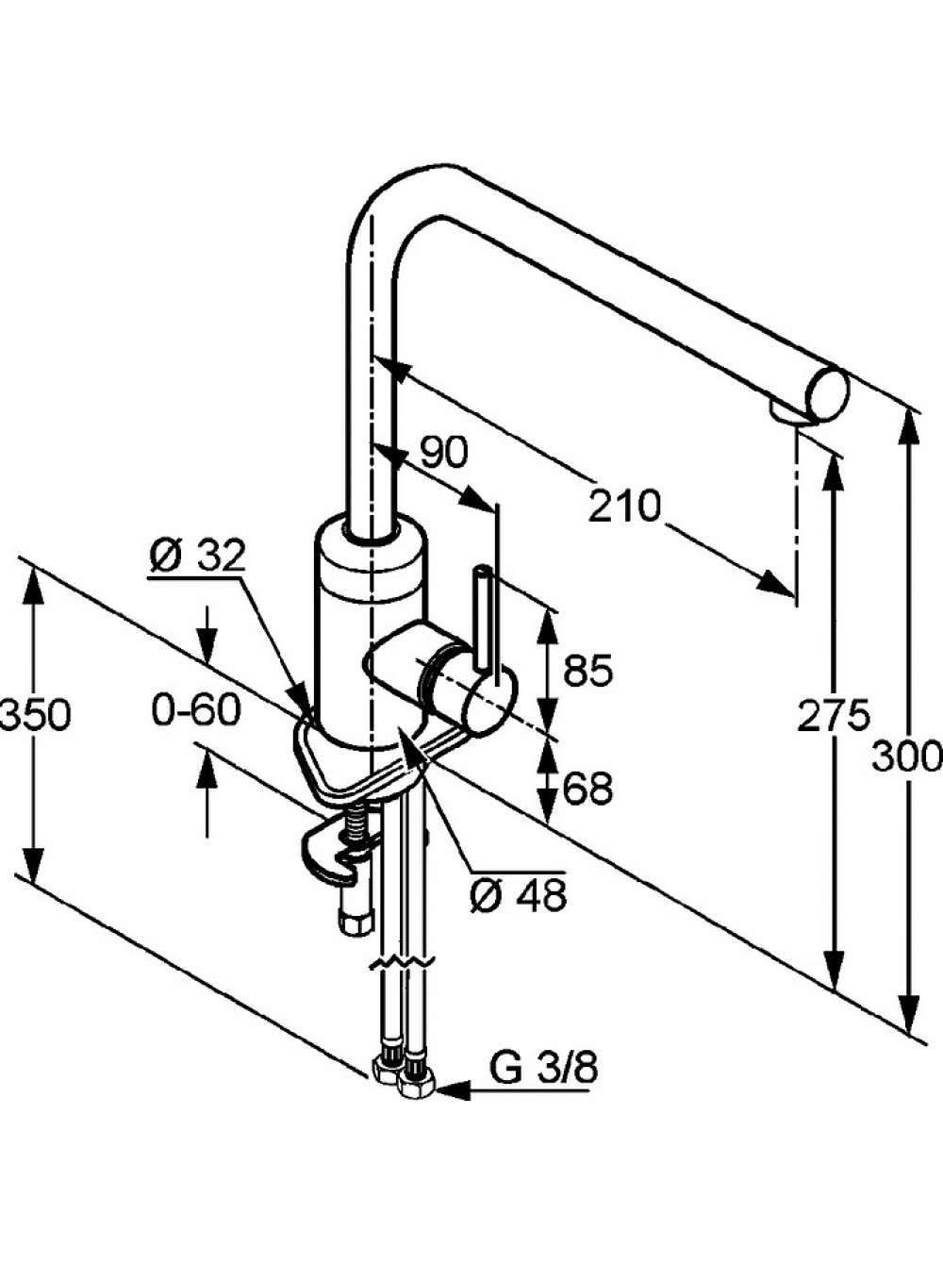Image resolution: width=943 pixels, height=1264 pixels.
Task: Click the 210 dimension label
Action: click(624, 506)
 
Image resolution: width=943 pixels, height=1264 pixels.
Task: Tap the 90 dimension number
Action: click(443, 452)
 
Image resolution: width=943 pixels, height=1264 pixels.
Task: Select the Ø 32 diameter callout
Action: click(197, 557)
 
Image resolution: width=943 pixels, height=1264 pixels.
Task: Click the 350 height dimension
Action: click(35, 714)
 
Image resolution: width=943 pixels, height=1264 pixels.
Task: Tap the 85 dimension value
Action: click(587, 671)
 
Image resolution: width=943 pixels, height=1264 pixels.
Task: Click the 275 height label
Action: click(834, 716)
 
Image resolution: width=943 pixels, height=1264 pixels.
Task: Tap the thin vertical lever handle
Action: click(483, 619)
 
